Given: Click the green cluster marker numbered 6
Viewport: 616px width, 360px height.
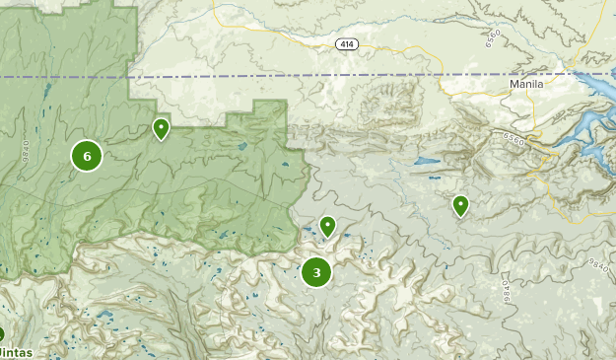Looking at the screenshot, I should [87, 156].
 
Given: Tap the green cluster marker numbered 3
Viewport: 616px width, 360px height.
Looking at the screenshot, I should [316, 272].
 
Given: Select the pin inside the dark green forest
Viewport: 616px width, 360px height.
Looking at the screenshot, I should [161, 128].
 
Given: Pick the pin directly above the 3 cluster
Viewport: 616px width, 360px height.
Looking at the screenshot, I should [327, 227].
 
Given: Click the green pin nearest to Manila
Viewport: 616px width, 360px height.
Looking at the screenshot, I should [460, 205].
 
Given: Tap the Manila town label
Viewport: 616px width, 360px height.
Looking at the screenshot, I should [526, 85].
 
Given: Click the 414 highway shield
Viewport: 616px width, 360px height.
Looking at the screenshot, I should [345, 44].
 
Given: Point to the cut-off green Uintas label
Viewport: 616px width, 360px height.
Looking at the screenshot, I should [15, 352].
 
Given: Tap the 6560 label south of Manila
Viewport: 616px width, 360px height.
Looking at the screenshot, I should [515, 139].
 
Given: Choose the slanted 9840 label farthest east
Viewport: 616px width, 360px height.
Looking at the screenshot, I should [598, 264].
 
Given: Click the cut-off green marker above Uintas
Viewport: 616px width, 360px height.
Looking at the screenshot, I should [2, 334].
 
